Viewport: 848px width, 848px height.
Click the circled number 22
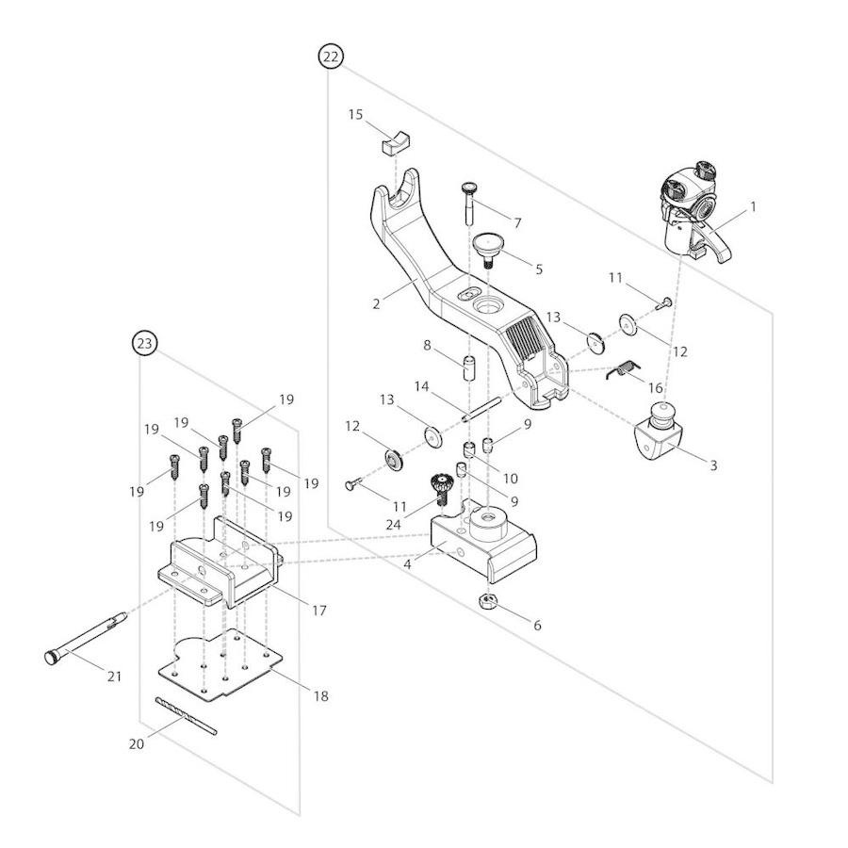click(331, 57)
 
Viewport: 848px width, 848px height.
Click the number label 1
click(753, 206)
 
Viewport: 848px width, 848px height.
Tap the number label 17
click(318, 611)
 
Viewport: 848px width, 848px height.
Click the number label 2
click(376, 303)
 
